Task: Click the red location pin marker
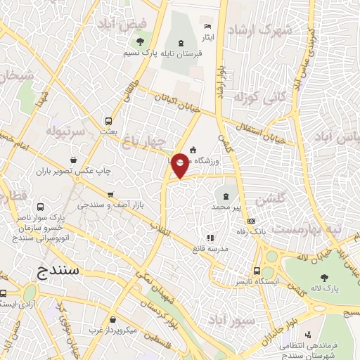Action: (180, 166)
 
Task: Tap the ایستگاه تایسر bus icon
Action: (258, 271)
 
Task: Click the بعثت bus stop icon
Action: (108, 121)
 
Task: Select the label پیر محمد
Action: (226, 207)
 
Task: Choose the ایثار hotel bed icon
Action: (206, 24)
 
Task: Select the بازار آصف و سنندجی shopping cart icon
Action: (110, 194)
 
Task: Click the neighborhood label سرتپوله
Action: (65, 131)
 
